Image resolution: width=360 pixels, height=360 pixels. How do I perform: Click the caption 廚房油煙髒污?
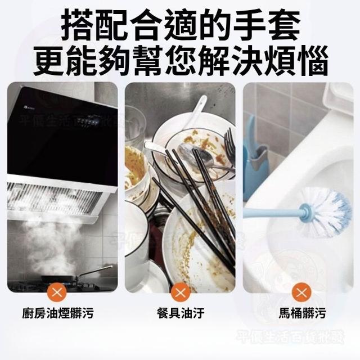[x=58, y=313]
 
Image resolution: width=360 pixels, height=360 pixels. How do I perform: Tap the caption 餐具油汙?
[x=181, y=313]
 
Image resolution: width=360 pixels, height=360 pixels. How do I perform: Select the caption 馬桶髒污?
[x=303, y=313]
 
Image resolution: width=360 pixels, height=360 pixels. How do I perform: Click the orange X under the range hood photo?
[x=57, y=293]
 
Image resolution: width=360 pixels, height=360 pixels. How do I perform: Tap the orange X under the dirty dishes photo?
[x=180, y=293]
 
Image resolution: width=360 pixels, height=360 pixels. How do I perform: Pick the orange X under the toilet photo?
[x=301, y=293]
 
